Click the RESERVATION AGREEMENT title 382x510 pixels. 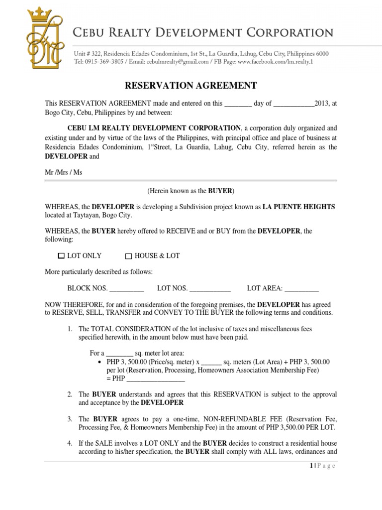pyautogui.click(x=191, y=86)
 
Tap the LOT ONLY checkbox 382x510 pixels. pyautogui.click(x=61, y=256)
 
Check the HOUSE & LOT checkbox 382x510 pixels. pyautogui.click(x=128, y=256)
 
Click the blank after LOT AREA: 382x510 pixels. pyautogui.click(x=301, y=288)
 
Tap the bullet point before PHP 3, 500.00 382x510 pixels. pyautogui.click(x=101, y=362)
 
